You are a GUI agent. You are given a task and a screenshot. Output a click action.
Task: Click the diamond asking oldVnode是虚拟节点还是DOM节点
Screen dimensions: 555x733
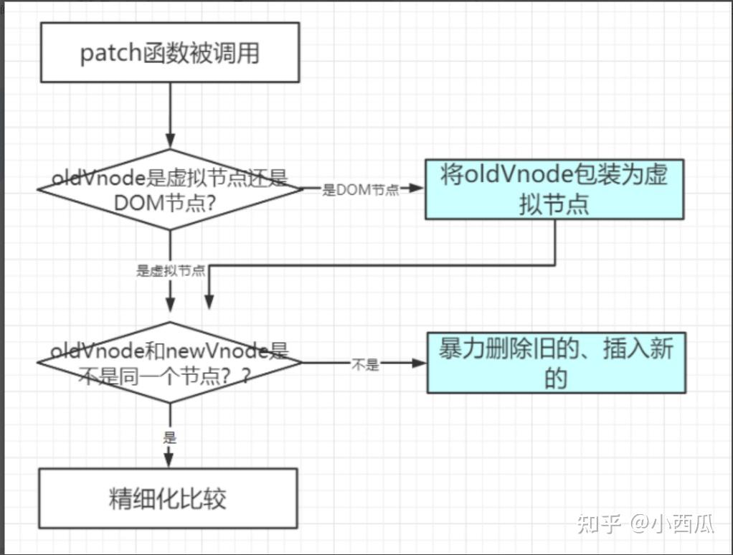click(x=170, y=189)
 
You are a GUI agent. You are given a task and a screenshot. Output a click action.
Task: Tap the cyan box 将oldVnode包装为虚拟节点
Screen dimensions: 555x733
click(x=554, y=189)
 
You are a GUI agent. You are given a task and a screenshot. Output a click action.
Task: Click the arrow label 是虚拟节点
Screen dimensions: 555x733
click(x=171, y=271)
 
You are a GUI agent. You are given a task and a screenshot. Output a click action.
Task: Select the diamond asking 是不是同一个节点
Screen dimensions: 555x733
click(x=169, y=363)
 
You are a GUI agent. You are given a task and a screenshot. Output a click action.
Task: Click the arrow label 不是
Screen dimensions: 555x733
click(x=364, y=364)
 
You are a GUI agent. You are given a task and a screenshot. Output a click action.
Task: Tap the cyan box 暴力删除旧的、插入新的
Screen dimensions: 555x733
click(x=556, y=363)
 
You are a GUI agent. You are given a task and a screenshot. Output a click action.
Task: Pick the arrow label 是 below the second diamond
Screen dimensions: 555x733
click(x=170, y=437)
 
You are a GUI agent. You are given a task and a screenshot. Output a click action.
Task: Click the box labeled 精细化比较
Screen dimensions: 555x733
click(x=167, y=498)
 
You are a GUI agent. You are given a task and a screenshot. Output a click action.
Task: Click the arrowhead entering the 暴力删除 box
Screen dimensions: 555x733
click(x=420, y=363)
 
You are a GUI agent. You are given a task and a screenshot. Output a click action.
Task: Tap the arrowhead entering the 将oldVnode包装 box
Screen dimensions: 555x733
click(x=417, y=189)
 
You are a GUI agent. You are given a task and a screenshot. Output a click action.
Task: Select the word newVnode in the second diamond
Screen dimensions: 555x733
click(x=215, y=351)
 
